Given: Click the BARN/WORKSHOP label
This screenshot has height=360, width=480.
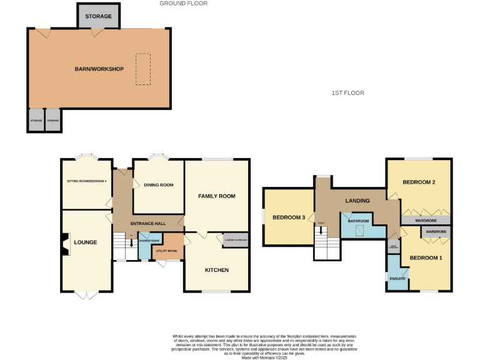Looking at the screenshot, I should click(99, 69).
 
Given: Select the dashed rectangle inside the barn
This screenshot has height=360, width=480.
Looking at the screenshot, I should click(143, 69).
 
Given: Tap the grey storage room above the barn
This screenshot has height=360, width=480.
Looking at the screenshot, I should click(99, 16).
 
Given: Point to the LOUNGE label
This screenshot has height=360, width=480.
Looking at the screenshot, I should click(86, 242).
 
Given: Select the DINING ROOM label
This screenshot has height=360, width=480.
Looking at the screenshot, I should click(158, 185).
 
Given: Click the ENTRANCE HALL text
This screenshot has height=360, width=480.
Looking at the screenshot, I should click(147, 223).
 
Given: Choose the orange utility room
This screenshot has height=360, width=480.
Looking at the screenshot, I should click(167, 251).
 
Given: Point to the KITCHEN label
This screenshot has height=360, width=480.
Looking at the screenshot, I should click(217, 270).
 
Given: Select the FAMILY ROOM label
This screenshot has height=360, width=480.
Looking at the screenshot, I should click(216, 196).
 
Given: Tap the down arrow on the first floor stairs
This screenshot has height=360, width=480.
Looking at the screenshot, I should click(321, 230).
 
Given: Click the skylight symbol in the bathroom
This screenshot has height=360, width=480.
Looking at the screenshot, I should click(360, 231).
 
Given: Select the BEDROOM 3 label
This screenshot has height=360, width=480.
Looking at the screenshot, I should click(289, 217).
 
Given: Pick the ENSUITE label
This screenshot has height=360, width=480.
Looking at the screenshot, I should click(397, 278).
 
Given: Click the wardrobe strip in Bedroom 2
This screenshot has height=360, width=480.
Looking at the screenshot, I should click(426, 220).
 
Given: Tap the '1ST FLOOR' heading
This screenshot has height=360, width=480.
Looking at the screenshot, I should click(347, 93).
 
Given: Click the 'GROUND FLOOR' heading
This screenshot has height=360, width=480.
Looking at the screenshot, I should click(183, 4).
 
